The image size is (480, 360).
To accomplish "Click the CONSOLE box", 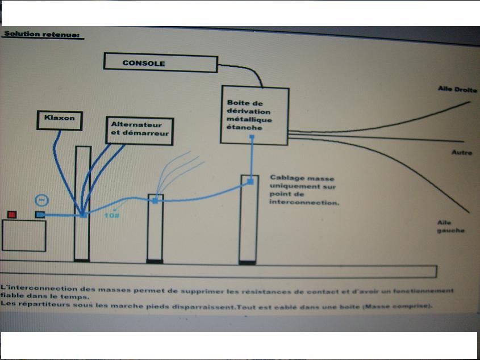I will point(160,63).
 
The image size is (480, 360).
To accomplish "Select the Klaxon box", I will point(60,119).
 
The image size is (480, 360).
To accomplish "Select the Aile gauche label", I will point(451,227).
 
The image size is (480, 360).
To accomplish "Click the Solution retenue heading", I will point(43,34).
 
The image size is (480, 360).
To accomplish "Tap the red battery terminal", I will point(11,215).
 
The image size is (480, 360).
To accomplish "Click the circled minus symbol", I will point(40,200).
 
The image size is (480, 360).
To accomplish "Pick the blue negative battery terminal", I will point(40,215).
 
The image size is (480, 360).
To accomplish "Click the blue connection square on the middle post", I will point(155,200).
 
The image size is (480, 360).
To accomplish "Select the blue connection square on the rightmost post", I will point(251,182).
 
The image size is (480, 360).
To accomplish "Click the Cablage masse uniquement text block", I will point(304,190).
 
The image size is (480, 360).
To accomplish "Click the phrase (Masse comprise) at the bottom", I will point(403,306).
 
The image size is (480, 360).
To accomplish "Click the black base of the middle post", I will point(155,261).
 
